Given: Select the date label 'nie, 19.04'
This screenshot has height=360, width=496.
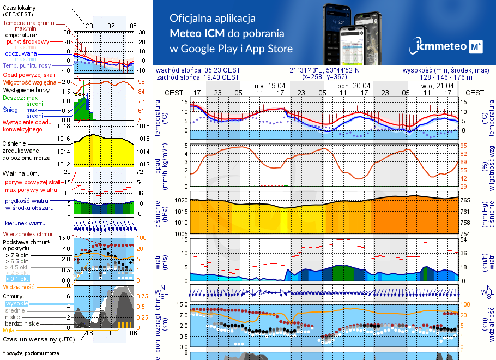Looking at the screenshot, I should pyautogui.click(x=270, y=86).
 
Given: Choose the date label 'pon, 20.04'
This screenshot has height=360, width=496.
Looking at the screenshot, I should pyautogui.click(x=354, y=86).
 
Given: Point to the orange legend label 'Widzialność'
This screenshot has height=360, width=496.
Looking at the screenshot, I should pyautogui.click(x=19, y=286).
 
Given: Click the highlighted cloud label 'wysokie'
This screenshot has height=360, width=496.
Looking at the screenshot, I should pyautogui.click(x=16, y=303).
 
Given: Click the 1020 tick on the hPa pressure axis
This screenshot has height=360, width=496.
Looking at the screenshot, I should pyautogui.click(x=182, y=200).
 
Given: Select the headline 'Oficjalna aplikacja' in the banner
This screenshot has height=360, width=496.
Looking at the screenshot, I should pyautogui.click(x=213, y=18).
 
